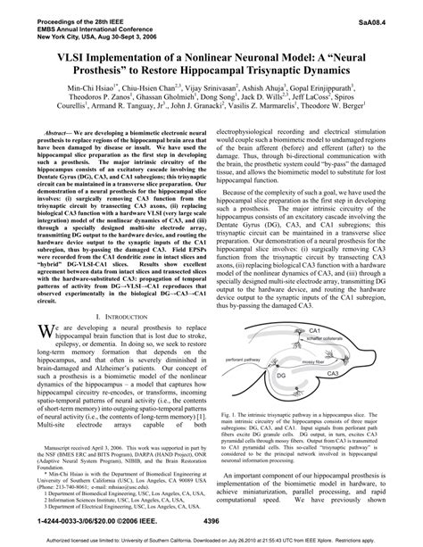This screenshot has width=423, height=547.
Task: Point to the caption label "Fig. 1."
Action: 235,438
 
